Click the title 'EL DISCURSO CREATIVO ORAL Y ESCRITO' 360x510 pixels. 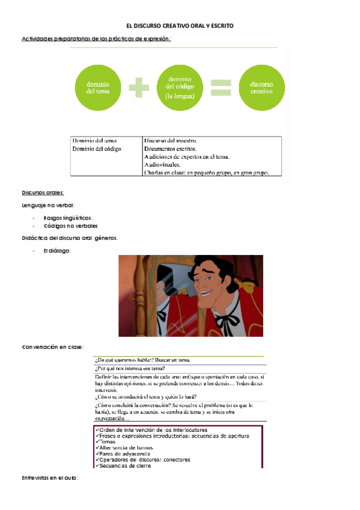pyautogui.click(x=180, y=26)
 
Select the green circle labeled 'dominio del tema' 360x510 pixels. pyautogui.click(x=97, y=88)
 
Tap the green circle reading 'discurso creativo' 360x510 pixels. pyautogui.click(x=261, y=88)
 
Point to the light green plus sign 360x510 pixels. pyautogui.click(x=139, y=88)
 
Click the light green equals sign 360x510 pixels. pyautogui.click(x=221, y=88)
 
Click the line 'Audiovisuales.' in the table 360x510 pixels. pyautogui.click(x=163, y=164)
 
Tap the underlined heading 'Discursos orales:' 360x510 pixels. pyautogui.click(x=43, y=192)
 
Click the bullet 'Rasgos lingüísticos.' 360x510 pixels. pyautogui.click(x=68, y=218)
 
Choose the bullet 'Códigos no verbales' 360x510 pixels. pyautogui.click(x=70, y=226)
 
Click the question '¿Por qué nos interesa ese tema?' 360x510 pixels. pyautogui.click(x=130, y=369)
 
